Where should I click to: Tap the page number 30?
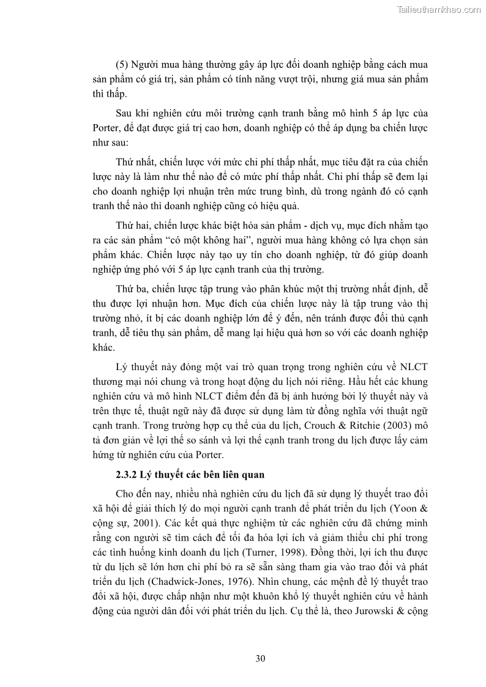click(260, 658)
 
